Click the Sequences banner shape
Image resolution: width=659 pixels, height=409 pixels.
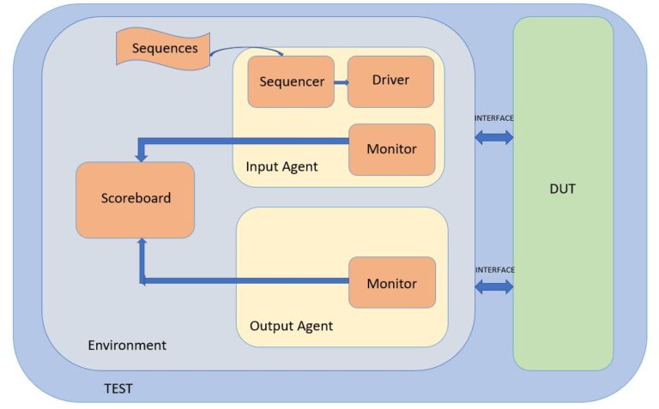click(x=164, y=48)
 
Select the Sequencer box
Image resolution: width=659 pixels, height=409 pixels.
click(x=291, y=81)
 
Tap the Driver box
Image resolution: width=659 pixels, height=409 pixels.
click(x=390, y=81)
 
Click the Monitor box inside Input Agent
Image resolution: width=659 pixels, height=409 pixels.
click(x=391, y=149)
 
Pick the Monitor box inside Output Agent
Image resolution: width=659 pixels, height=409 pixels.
click(x=391, y=283)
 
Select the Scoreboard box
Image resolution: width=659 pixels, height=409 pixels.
click(x=136, y=199)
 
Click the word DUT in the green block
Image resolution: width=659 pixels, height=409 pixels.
click(x=562, y=189)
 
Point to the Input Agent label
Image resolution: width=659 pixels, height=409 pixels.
click(x=281, y=167)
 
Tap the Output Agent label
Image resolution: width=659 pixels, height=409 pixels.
click(x=291, y=326)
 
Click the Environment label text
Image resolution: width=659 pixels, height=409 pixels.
click(x=127, y=345)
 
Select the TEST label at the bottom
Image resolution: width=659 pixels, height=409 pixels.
click(x=118, y=388)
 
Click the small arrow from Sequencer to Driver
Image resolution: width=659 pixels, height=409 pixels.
click(x=341, y=82)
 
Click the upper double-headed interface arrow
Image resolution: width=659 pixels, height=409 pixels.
click(x=494, y=136)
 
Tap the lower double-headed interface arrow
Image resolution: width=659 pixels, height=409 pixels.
click(x=494, y=287)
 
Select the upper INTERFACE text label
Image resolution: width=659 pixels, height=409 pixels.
click(x=494, y=117)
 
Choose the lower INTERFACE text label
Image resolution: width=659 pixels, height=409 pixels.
click(x=494, y=269)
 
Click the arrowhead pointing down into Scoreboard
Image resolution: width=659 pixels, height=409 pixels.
click(x=142, y=155)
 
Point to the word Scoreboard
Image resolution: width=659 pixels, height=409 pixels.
click(x=136, y=198)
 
